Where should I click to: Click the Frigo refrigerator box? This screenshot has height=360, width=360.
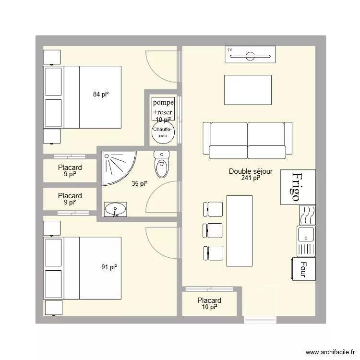click(298, 187)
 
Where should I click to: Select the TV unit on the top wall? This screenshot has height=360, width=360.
click(250, 54)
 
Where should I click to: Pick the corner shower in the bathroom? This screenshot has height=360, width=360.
click(116, 166)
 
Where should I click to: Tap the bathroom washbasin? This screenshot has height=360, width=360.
click(116, 209)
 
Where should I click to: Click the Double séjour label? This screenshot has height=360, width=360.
click(251, 171)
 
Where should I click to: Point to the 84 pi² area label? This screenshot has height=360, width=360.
click(101, 95)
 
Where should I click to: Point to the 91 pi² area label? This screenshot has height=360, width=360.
click(109, 267)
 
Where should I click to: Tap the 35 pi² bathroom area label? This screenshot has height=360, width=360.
click(139, 183)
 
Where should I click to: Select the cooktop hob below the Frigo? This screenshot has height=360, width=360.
click(306, 215)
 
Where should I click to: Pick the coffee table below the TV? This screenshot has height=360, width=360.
click(247, 90)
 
